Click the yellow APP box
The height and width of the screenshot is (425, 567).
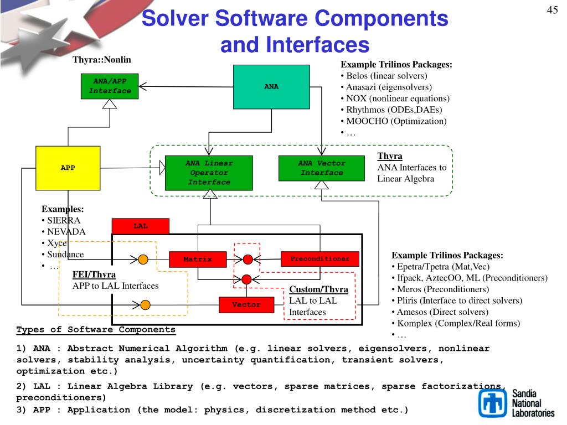(x=68, y=168)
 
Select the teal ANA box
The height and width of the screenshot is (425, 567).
(x=271, y=87)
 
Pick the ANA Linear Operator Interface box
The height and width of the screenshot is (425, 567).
(x=209, y=172)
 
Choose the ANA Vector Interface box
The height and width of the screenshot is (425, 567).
(x=322, y=168)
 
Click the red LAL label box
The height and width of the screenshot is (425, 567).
(x=140, y=226)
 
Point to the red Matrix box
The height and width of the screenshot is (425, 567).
(x=198, y=259)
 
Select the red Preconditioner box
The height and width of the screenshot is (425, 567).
(x=320, y=258)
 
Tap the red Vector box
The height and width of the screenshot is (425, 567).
(x=246, y=305)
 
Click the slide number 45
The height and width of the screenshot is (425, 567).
(x=552, y=11)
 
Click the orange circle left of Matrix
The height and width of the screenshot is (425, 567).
(x=143, y=259)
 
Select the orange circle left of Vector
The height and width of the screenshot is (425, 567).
(x=146, y=304)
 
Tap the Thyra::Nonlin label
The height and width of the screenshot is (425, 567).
(x=102, y=59)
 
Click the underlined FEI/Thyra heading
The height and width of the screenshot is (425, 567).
(x=94, y=274)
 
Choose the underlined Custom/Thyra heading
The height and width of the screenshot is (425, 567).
(x=318, y=289)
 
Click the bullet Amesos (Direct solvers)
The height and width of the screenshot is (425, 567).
(x=435, y=312)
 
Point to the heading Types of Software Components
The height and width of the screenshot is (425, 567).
(x=96, y=330)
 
